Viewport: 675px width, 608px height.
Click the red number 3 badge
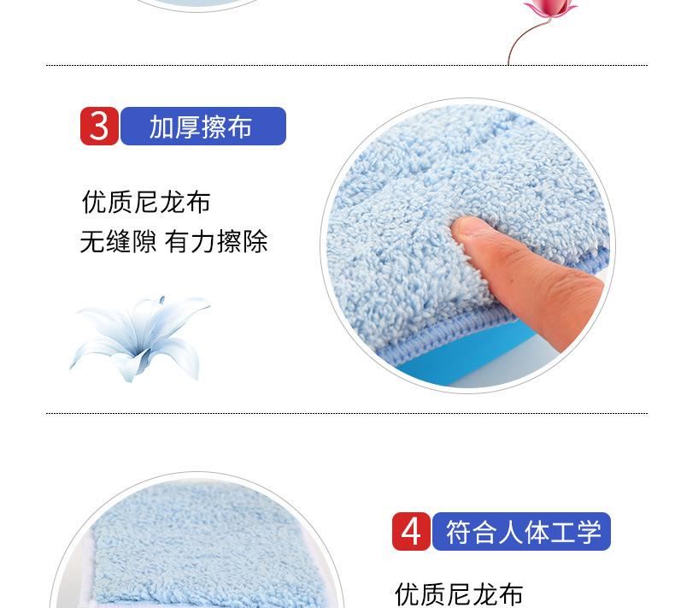pos(99,127)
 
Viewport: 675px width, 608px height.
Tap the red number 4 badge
pos(411,531)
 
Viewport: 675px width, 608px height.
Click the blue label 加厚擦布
pos(203,127)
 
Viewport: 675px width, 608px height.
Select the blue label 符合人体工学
pos(521,531)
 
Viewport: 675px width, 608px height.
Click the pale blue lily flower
pos(138,339)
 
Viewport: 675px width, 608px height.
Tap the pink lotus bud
pos(549,8)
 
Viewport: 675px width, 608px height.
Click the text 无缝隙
pos(119,242)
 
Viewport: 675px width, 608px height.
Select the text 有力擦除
pos(216,242)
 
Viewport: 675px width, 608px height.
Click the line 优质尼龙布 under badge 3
pos(146,202)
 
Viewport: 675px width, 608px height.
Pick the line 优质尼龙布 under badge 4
pos(459,594)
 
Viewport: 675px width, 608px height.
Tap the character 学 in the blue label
pos(589,532)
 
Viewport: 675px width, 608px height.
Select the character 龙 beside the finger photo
pos(173,202)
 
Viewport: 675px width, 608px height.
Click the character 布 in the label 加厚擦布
pos(239,127)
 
